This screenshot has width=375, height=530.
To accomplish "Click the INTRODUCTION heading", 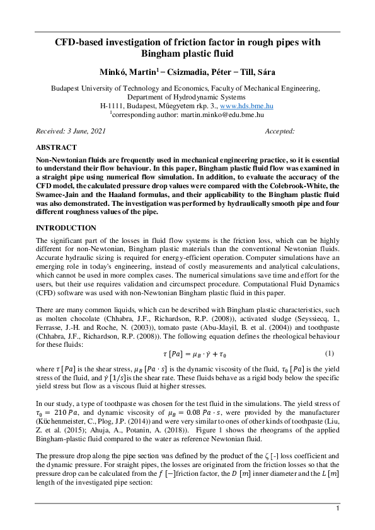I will pos(66,227).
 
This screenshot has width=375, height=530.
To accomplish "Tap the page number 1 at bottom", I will pos(338,508).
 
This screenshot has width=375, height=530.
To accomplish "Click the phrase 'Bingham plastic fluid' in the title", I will pos(187,54).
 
